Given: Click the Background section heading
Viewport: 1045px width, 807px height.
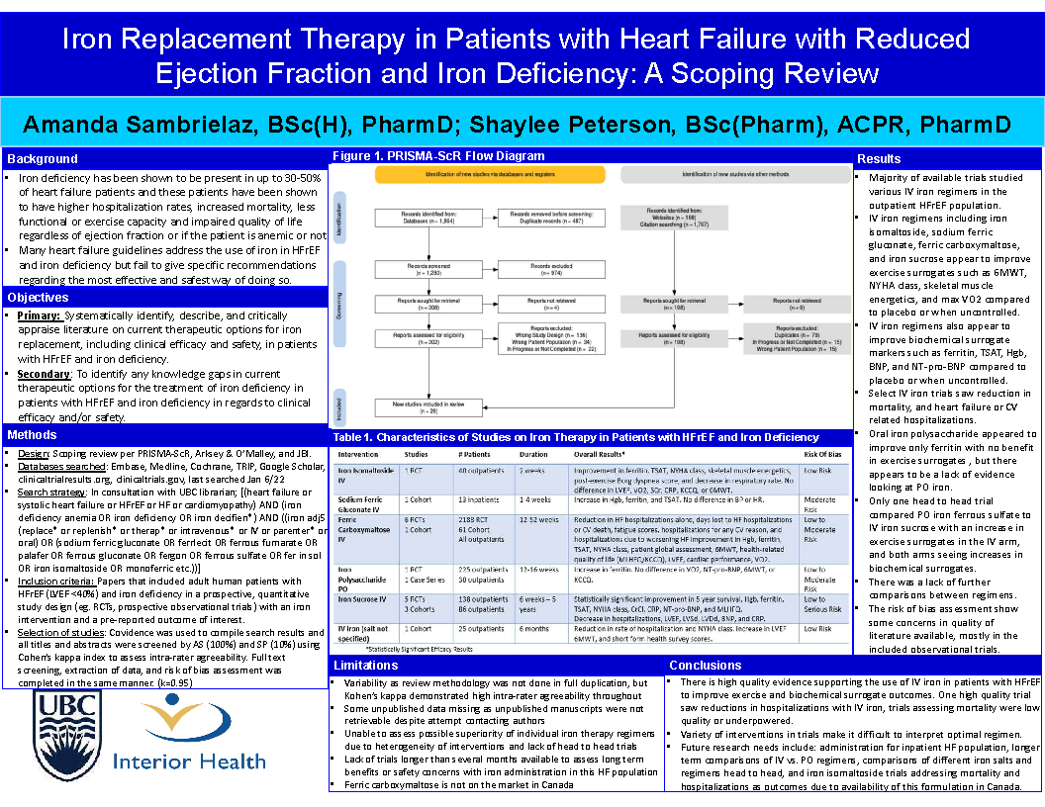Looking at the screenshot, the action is [x=42, y=158].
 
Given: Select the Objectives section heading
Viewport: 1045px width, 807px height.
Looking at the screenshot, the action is [x=38, y=297].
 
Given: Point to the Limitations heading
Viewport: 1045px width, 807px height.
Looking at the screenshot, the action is [x=366, y=666].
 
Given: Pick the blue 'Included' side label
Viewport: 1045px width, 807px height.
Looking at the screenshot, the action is [x=338, y=404].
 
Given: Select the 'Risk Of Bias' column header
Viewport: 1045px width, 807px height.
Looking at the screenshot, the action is [x=822, y=454].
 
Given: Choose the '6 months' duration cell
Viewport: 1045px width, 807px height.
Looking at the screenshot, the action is [x=535, y=628].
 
